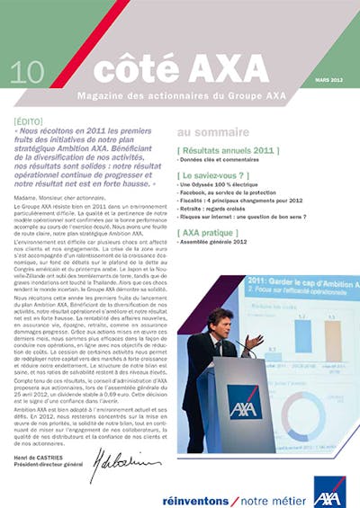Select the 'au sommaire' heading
(x=206, y=131)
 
